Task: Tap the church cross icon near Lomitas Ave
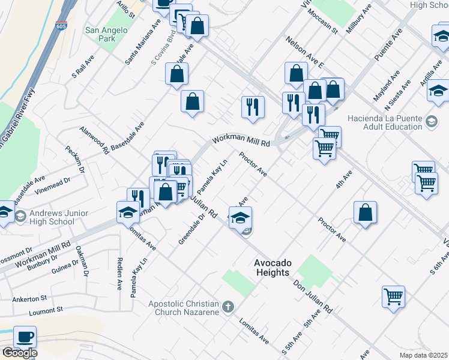pyautogui.click(x=227, y=308)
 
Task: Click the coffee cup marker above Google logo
pyautogui.click(x=25, y=337)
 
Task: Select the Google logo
pyautogui.click(x=20, y=353)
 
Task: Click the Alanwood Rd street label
pyautogui.click(x=94, y=140)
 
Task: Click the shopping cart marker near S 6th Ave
pyautogui.click(x=393, y=296)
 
